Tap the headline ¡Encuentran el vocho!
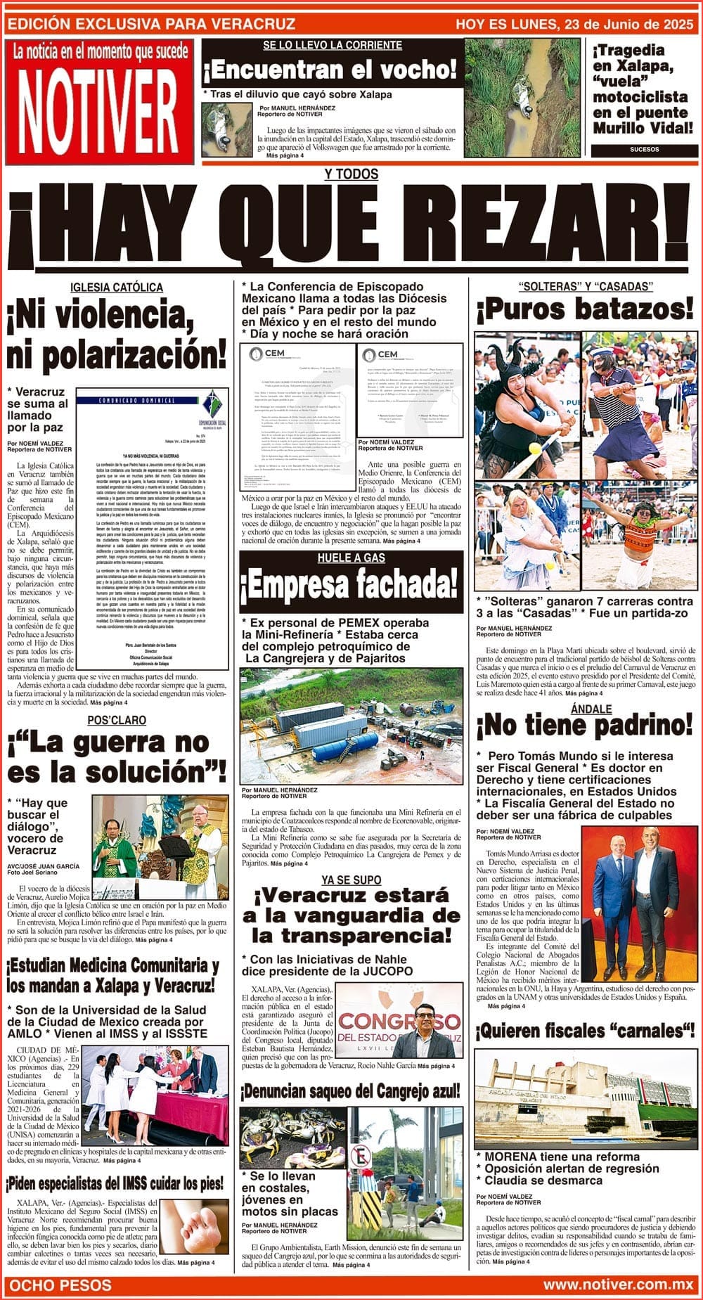tap(330, 70)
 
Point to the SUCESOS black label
tap(644, 150)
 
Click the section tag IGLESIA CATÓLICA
tap(117, 288)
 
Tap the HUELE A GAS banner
tap(351, 558)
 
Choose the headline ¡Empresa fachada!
tap(351, 584)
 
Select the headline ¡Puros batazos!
tap(584, 309)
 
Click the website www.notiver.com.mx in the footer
tap(618, 1285)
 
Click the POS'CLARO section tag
tap(117, 721)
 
